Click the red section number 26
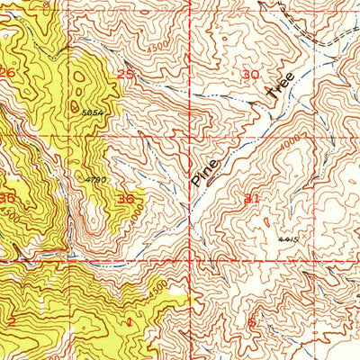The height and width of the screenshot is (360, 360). (8, 73)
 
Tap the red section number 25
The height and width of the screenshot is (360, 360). (125, 75)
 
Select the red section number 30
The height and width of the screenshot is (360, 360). (250, 75)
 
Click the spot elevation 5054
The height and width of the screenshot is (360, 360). (89, 114)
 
